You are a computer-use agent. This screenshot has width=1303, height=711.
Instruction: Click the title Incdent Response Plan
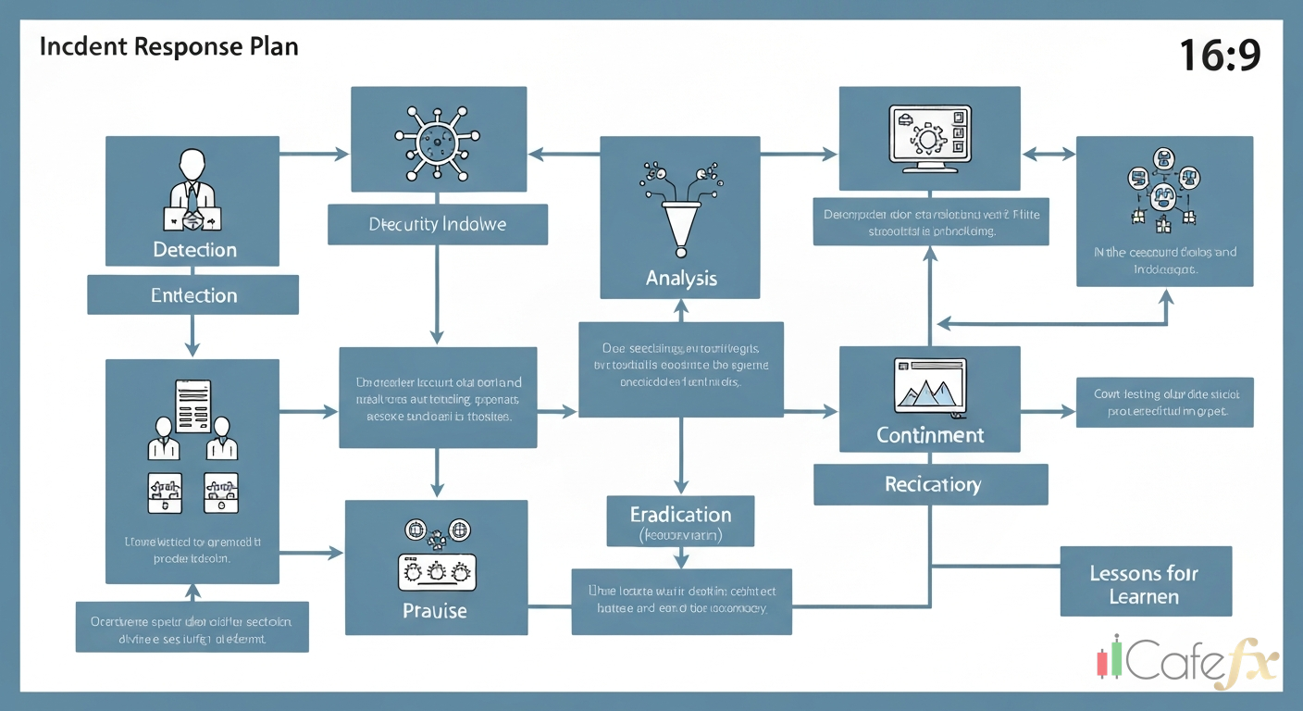[168, 47]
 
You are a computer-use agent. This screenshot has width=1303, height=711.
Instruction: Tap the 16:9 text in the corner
[1220, 56]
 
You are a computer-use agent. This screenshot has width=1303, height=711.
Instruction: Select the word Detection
[194, 250]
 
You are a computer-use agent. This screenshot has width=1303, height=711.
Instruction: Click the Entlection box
[193, 295]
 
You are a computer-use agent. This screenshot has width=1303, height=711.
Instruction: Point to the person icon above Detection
[193, 190]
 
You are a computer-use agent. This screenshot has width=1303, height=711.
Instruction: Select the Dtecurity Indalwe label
[437, 225]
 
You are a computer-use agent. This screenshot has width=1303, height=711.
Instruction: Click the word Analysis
[681, 278]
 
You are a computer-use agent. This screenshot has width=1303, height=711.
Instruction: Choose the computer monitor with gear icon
[927, 139]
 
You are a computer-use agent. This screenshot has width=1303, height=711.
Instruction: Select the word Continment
[930, 435]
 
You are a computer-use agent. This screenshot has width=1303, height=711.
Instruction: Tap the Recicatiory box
[931, 484]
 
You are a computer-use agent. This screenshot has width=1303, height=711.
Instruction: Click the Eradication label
[680, 515]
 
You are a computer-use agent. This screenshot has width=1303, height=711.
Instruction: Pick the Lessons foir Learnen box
[1145, 584]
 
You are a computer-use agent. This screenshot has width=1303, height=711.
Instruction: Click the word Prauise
[435, 611]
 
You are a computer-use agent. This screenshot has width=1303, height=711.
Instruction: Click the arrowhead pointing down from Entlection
[192, 349]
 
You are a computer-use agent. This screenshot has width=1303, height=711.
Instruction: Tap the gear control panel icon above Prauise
[435, 572]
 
